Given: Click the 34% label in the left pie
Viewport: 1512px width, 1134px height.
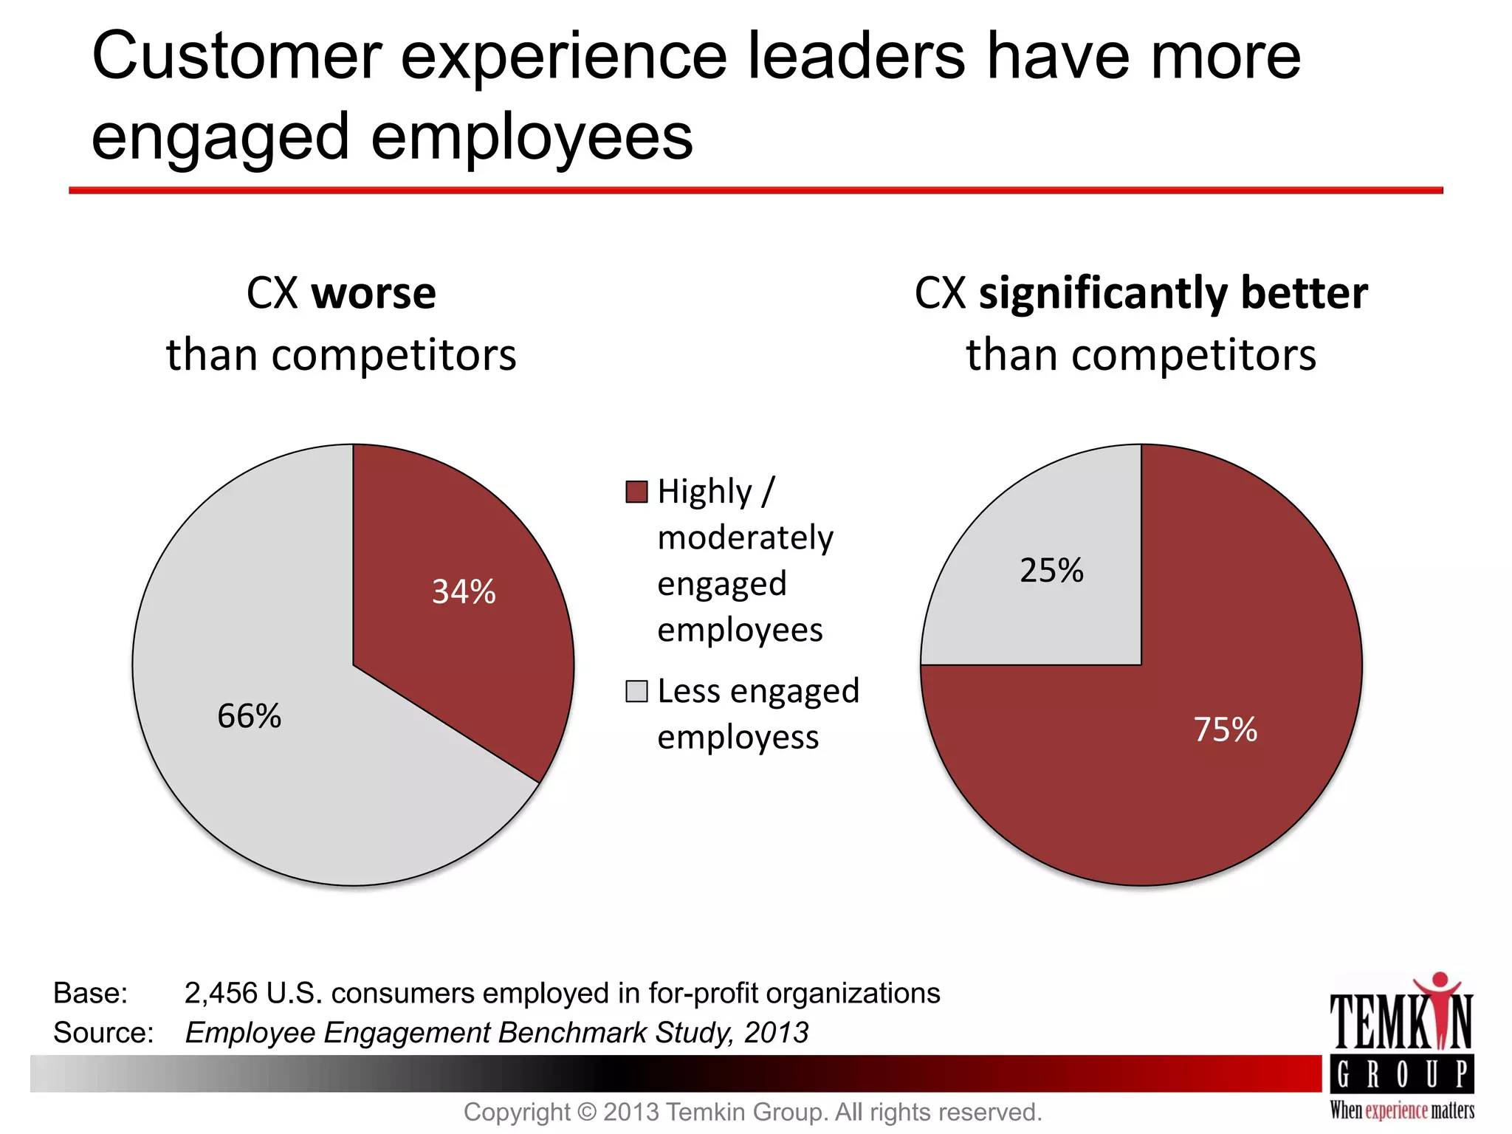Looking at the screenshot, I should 464,592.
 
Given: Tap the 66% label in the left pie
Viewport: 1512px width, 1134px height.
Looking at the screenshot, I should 249,716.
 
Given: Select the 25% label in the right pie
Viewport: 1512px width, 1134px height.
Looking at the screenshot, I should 1051,571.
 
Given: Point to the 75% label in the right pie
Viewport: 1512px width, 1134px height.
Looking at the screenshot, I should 1226,730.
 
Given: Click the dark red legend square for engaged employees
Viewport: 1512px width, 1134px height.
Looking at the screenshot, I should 636,492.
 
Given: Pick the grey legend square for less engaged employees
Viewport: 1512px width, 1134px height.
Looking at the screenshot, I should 636,692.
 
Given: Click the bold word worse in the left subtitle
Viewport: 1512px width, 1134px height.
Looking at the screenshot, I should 374,294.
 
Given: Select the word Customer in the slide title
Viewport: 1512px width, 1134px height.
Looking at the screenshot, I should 236,58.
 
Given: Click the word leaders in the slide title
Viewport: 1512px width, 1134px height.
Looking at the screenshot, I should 856,58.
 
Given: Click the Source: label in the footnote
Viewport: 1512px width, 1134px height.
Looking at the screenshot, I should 103,1033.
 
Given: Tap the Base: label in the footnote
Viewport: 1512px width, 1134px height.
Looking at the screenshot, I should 90,994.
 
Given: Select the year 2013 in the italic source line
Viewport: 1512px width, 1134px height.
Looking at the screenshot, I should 776,1033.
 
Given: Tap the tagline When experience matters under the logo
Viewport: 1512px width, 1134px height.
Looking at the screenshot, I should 1402,1110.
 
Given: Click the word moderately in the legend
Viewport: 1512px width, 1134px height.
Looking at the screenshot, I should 745,538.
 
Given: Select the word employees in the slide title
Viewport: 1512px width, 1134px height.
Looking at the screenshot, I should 532,137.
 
